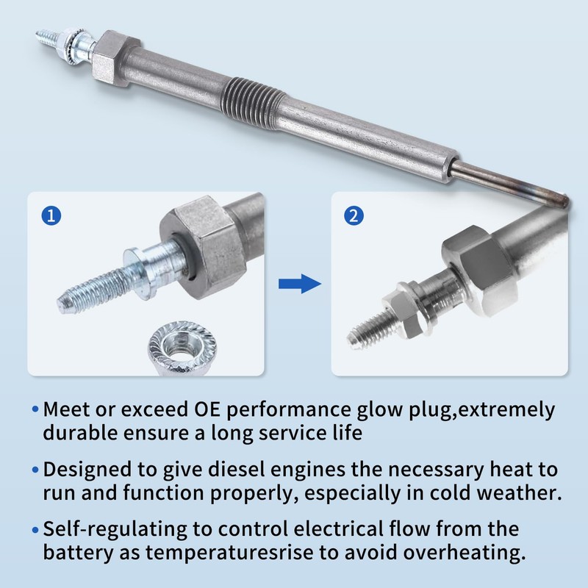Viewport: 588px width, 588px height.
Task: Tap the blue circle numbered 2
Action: tap(354, 216)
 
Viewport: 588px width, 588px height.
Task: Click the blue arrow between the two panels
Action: tap(298, 283)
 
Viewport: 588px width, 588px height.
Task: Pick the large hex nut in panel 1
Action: tap(208, 250)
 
